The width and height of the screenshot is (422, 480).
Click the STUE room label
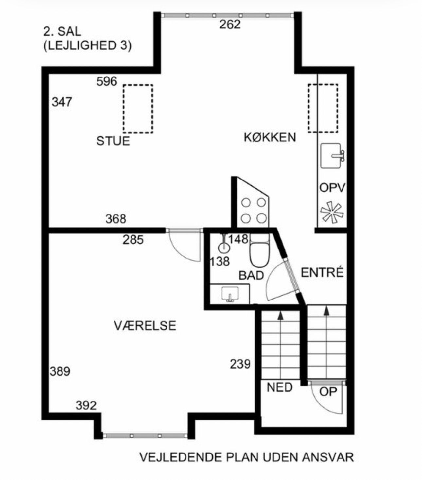113,141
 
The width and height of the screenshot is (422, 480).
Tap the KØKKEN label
270,137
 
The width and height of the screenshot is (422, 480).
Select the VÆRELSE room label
145,326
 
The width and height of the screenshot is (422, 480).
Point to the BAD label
251,275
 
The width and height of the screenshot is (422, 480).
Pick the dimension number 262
230,25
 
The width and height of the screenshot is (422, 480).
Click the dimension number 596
107,81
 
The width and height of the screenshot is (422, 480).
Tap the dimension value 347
62,102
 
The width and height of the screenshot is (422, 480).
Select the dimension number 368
116,219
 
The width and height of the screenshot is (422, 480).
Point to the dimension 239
240,364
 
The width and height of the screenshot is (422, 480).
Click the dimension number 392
86,405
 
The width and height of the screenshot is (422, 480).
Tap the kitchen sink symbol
332,155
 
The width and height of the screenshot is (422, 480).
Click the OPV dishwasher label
332,188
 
